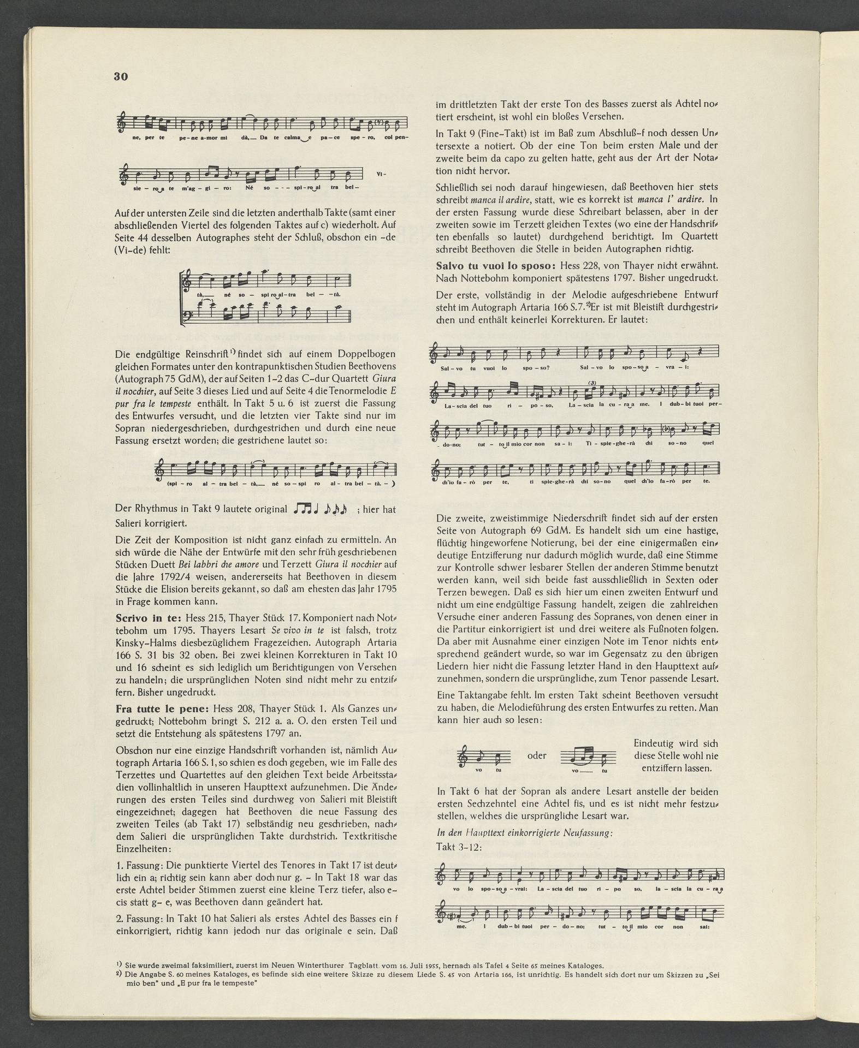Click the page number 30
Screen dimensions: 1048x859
click(121, 76)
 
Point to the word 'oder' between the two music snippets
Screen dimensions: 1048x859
click(537, 756)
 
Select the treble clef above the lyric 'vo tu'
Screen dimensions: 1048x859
click(465, 756)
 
